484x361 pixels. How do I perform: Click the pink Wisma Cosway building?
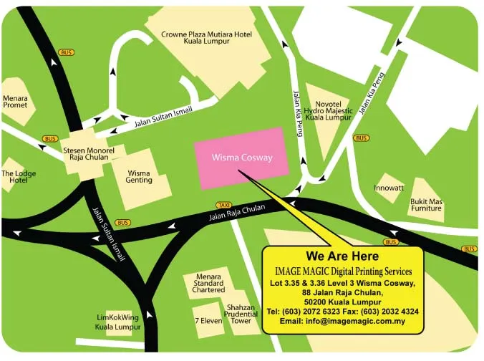click(242, 158)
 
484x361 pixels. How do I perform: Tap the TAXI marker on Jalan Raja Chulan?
click(224, 205)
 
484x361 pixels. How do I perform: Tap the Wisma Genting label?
click(139, 176)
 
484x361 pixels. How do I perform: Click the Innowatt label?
click(389, 188)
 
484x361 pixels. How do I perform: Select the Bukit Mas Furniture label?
click(427, 206)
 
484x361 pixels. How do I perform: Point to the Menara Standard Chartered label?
click(208, 283)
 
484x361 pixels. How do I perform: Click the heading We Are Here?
click(342, 256)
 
